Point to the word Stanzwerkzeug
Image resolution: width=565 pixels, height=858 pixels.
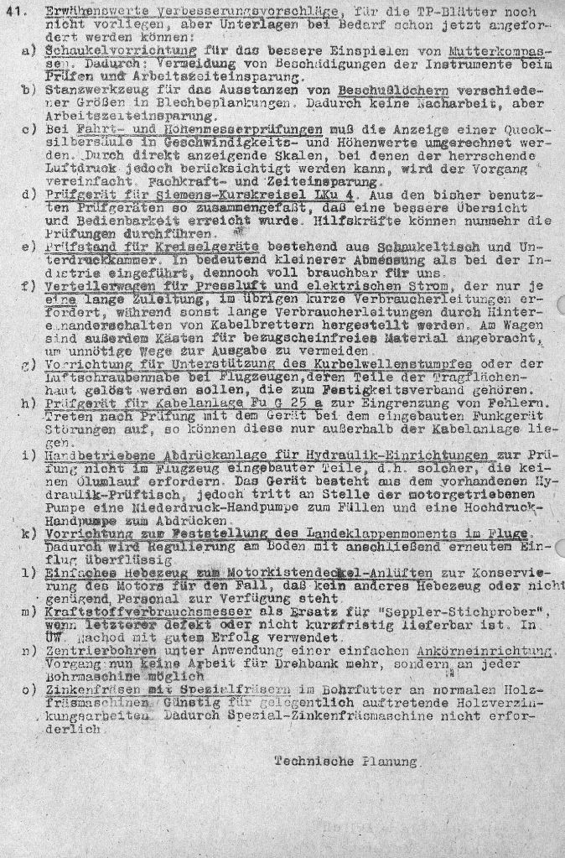[x=85, y=90]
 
